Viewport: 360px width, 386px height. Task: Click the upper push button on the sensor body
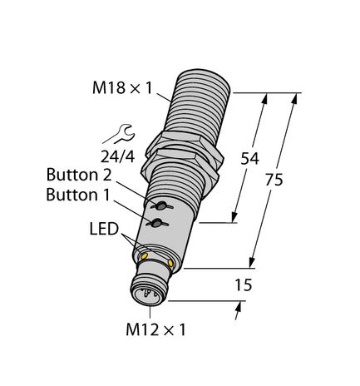[155, 205]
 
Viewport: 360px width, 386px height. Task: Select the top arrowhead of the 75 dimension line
[293, 97]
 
